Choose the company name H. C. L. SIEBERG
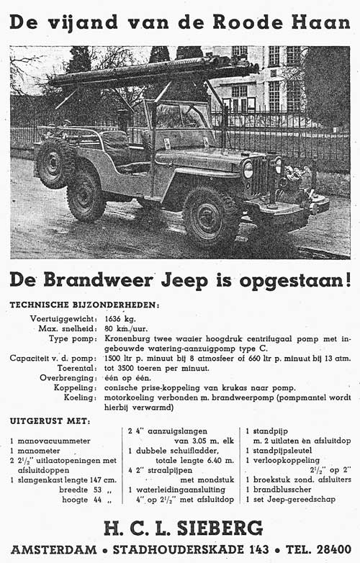[179, 529]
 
